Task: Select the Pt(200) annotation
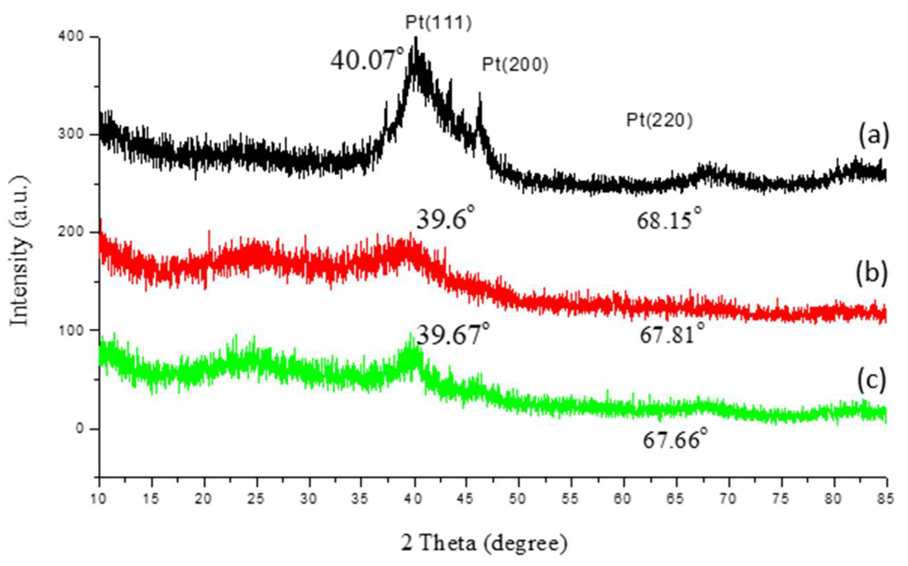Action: [515, 65]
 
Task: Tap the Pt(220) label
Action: [659, 121]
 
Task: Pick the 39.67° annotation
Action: [453, 334]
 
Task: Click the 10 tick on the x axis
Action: [99, 499]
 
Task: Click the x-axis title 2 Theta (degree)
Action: [484, 543]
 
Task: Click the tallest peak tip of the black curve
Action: [415, 38]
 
